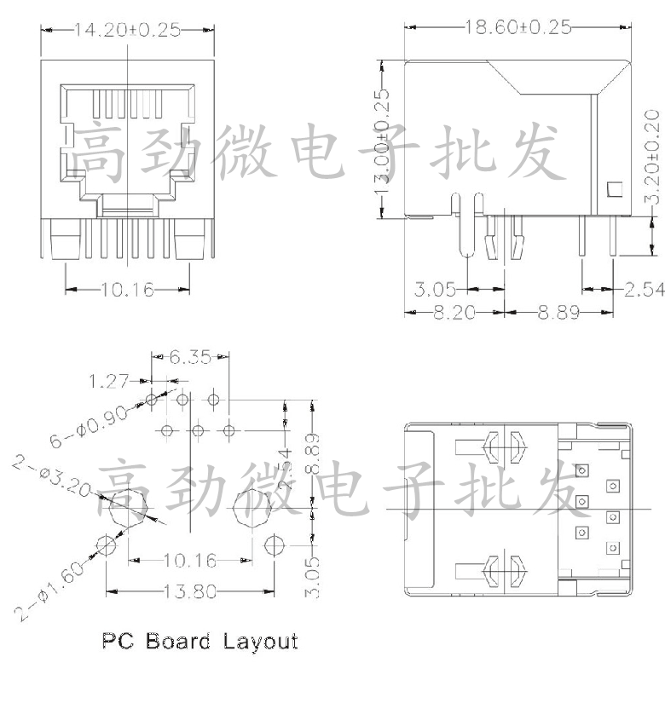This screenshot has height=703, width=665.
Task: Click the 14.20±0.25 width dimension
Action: click(x=127, y=30)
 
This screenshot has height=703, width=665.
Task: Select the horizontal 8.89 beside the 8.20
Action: click(x=558, y=313)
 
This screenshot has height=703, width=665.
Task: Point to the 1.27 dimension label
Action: click(x=110, y=376)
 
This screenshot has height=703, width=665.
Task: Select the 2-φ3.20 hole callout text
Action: click(x=50, y=477)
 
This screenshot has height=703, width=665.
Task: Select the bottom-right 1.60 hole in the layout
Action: click(x=274, y=545)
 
